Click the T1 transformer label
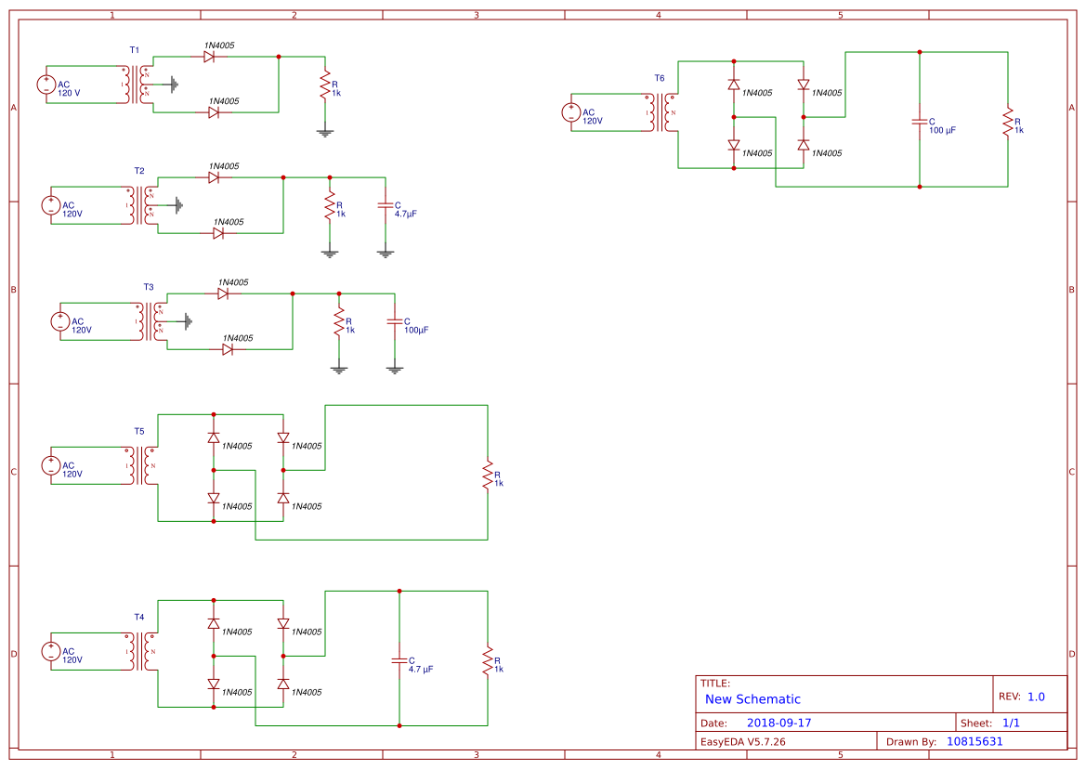[135, 49]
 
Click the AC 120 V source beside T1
[47, 85]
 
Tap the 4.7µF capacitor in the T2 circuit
[386, 209]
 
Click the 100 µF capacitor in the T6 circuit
[920, 122]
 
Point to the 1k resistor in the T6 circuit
[1007, 122]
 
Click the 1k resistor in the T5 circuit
[487, 475]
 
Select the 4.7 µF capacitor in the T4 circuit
[399, 660]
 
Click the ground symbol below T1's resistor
[324, 132]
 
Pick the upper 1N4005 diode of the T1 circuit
[210, 57]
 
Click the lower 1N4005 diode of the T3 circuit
[228, 349]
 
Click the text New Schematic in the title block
[752, 699]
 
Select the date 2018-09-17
[779, 723]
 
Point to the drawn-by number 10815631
[975, 741]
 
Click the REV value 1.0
[1036, 697]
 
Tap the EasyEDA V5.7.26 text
[742, 741]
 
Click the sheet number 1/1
[1011, 723]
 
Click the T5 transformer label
[139, 432]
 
